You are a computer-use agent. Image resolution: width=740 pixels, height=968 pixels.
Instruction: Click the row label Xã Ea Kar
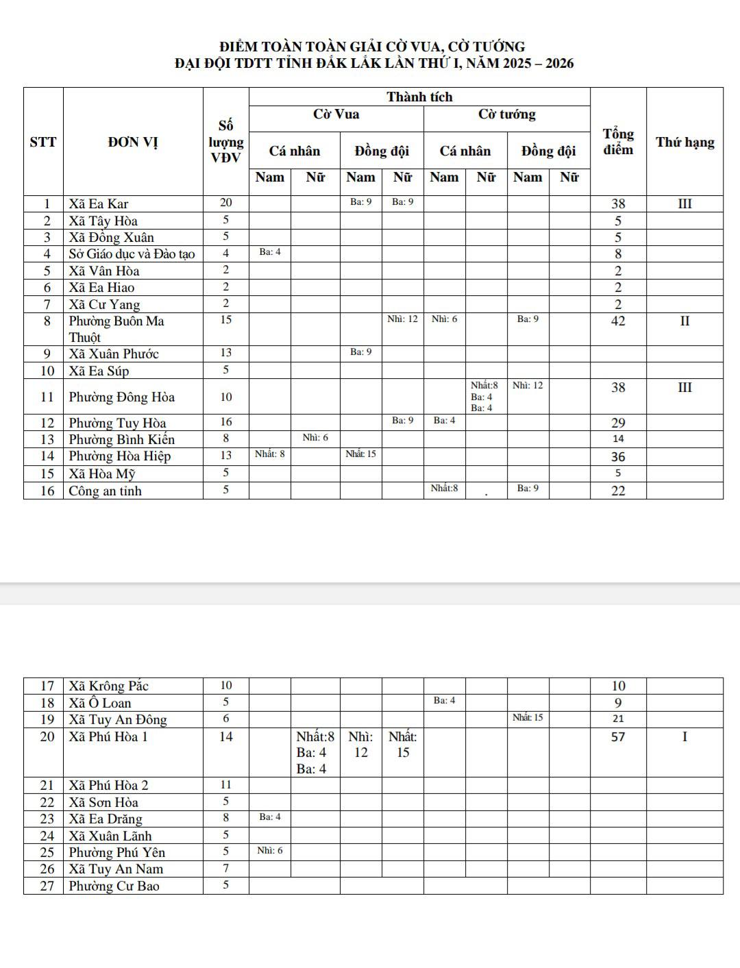coord(99,203)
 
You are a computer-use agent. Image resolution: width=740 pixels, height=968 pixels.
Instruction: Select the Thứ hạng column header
coord(684,142)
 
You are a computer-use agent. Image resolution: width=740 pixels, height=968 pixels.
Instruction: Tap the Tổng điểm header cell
coord(618,142)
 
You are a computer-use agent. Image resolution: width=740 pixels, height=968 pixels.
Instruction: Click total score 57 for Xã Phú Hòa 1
coord(618,736)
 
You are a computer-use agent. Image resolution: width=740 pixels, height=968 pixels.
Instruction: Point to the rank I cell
coord(684,736)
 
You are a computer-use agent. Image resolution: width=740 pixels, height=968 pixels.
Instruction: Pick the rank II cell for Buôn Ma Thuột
coord(684,321)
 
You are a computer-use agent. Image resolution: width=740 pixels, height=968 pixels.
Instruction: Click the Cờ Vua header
coord(336,114)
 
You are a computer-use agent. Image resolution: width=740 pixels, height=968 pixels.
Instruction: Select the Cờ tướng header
coord(506,114)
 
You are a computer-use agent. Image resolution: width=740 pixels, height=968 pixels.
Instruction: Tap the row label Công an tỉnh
coord(105,491)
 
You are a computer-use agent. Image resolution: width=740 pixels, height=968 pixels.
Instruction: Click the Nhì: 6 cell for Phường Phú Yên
coord(269,850)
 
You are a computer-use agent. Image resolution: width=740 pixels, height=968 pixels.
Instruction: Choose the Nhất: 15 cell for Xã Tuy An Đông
coord(528,717)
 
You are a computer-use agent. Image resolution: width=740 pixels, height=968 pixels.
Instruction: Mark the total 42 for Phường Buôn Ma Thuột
coord(618,321)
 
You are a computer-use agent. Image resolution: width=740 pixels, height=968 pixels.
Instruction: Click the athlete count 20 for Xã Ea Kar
coord(225,202)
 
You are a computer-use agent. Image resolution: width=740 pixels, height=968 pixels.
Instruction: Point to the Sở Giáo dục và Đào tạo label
coord(132,253)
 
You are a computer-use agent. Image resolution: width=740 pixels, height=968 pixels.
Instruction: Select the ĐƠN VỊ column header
coord(133,142)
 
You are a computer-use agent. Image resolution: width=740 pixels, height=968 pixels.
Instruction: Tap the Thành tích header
coord(419,97)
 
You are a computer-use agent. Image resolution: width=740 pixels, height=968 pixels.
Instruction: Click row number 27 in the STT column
coord(47,886)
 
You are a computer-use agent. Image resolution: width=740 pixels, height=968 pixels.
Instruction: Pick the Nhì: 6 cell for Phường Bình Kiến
coord(315,437)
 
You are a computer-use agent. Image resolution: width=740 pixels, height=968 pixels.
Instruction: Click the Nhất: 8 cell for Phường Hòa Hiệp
coord(269,453)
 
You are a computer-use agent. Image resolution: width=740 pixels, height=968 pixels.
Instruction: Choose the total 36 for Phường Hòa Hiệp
coord(618,456)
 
